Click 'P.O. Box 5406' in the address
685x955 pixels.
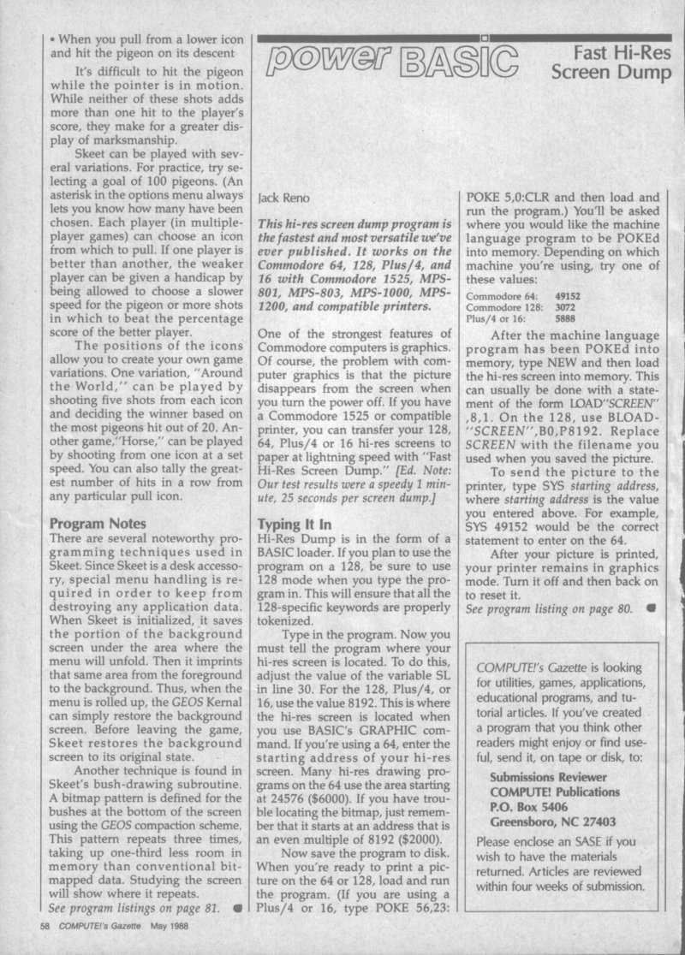coord(533,807)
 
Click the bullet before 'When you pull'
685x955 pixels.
coord(53,40)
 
